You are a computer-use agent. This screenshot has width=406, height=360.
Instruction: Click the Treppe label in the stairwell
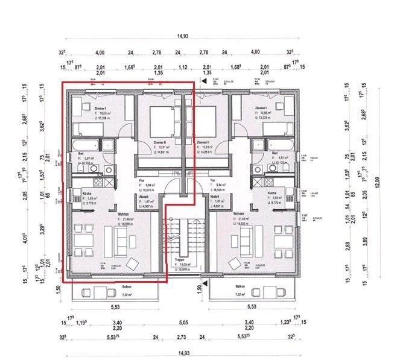(179, 260)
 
